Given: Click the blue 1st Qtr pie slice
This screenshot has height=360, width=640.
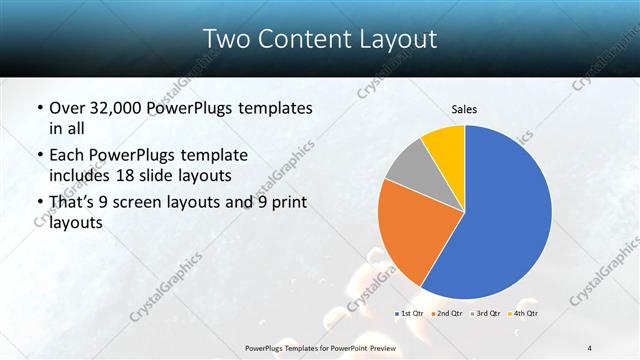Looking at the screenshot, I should coord(505,220).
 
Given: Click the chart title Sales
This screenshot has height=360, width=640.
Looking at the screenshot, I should coord(464,109).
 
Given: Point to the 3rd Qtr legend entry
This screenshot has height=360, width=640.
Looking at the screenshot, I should coord(486,314).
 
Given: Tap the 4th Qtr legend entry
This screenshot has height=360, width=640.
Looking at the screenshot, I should coord(524,314).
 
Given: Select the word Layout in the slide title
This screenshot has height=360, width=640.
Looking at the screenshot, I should coord(394,39).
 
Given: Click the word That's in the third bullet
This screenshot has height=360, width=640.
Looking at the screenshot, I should coord(73,204).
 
